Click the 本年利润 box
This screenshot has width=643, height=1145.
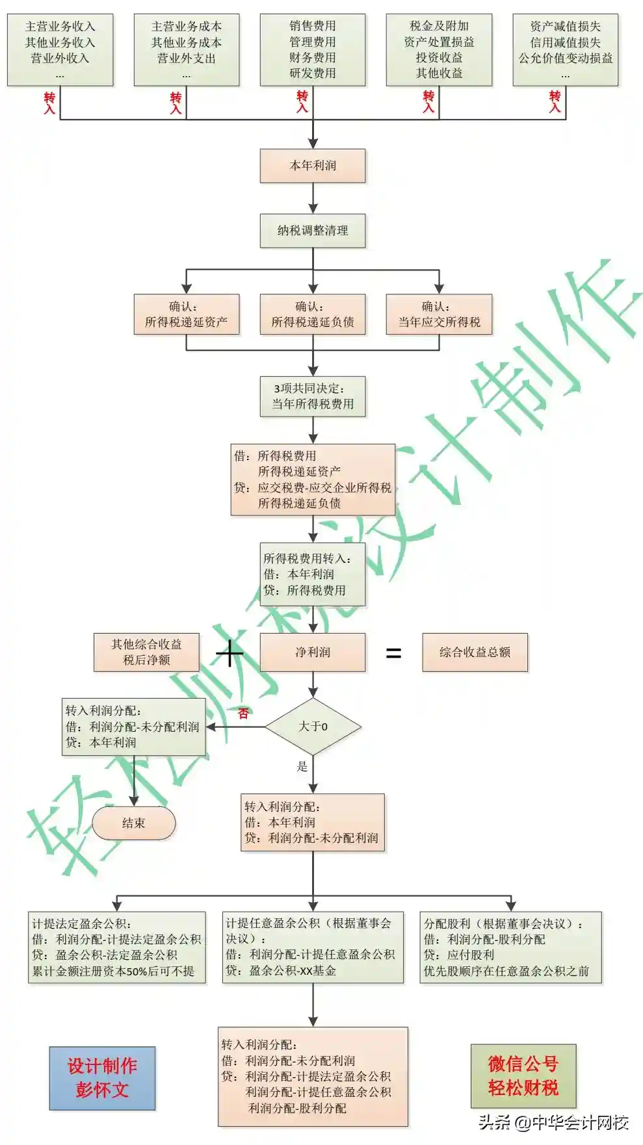pyautogui.click(x=313, y=166)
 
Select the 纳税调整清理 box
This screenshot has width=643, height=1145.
pyautogui.click(x=313, y=231)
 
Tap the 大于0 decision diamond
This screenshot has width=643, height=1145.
pyautogui.click(x=313, y=727)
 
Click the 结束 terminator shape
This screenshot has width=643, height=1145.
pyautogui.click(x=134, y=823)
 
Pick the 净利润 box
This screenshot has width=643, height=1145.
pyautogui.click(x=313, y=652)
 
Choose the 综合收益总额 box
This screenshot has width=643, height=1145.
pyautogui.click(x=475, y=652)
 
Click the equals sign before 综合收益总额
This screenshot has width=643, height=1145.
pyautogui.click(x=393, y=653)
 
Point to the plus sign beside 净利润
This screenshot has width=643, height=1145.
pyautogui.click(x=229, y=653)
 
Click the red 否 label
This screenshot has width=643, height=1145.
pyautogui.click(x=243, y=714)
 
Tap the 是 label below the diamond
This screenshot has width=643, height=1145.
pyautogui.click(x=302, y=766)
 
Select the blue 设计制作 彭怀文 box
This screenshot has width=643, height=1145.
pyautogui.click(x=102, y=1078)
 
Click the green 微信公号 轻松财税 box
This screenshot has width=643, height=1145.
pyautogui.click(x=523, y=1075)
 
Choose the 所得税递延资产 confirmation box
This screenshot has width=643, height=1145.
pyautogui.click(x=187, y=315)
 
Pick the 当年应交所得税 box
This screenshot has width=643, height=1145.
pyautogui.click(x=439, y=315)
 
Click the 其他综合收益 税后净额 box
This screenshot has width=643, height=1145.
pyautogui.click(x=146, y=652)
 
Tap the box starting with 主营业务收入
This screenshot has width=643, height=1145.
pyautogui.click(x=60, y=50)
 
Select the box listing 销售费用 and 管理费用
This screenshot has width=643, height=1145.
pyautogui.click(x=313, y=50)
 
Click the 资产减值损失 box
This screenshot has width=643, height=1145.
pyautogui.click(x=566, y=50)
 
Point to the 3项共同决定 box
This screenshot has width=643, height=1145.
pyautogui.click(x=313, y=396)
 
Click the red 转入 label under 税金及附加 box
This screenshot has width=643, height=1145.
pyautogui.click(x=428, y=102)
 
